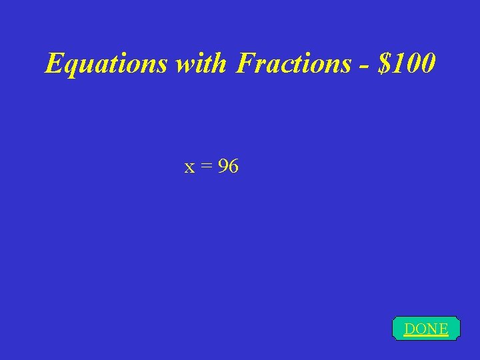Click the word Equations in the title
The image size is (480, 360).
106,63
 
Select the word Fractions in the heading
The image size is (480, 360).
293,63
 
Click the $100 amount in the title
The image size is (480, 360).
406,63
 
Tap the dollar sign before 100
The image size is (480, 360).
383,63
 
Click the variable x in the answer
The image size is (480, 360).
190,167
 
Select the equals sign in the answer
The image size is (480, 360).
206,167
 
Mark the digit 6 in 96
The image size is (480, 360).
233,167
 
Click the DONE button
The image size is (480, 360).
426,329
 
